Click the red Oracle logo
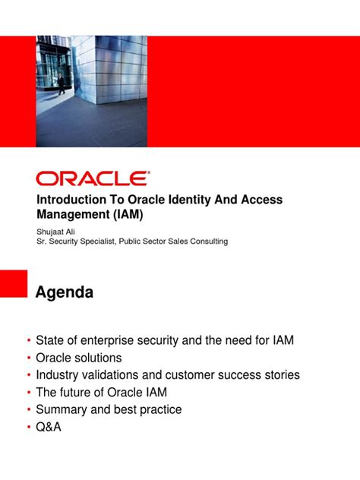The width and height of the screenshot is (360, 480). (92, 178)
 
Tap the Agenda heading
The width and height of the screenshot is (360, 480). (65, 292)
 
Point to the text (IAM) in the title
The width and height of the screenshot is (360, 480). (127, 214)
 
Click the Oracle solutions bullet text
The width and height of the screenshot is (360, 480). (78, 358)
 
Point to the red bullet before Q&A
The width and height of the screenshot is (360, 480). (29, 428)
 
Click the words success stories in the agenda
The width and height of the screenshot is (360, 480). (257, 375)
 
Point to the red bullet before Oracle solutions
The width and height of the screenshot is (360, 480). (29, 358)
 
